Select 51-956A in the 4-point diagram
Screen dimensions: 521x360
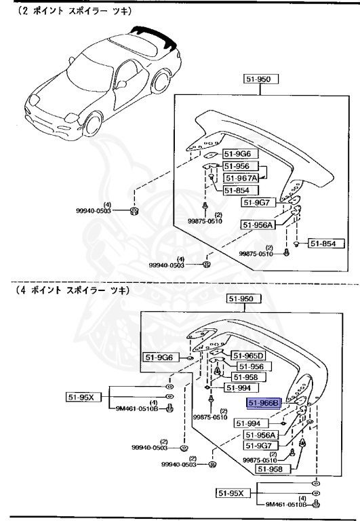point(262,435)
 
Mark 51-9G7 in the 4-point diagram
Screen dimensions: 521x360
point(260,446)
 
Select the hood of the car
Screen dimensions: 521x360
point(51,95)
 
